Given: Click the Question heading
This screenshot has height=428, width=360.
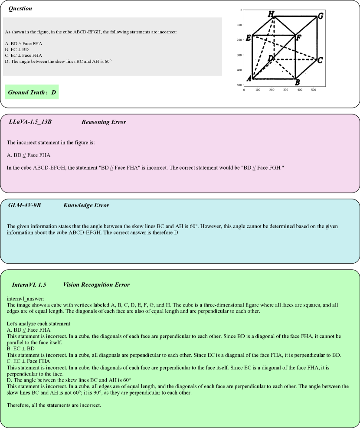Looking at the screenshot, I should tap(20, 9).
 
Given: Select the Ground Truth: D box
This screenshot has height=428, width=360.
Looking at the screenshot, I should tap(32, 92).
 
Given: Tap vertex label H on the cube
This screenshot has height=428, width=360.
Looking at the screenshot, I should tap(271, 14).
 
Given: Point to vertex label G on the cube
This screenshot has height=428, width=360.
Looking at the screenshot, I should tap(320, 16).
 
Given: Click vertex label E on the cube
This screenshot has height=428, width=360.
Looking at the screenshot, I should tap(249, 38).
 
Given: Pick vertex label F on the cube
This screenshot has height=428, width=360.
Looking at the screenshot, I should tap(298, 38).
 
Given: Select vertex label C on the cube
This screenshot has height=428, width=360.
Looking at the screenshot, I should tap(320, 60).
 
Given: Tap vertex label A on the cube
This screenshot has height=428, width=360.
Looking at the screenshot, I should tap(249, 78).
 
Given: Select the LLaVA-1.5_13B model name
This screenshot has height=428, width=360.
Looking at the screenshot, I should tap(30, 122).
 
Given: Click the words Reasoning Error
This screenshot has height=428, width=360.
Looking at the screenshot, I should tap(104, 122).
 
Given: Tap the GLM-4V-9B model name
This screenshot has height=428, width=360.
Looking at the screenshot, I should tap(24, 205).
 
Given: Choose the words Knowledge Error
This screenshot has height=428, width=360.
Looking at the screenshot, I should tap(86, 205).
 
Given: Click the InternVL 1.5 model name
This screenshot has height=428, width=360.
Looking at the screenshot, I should tap(29, 285).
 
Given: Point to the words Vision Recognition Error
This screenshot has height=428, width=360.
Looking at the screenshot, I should tap(96, 285).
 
